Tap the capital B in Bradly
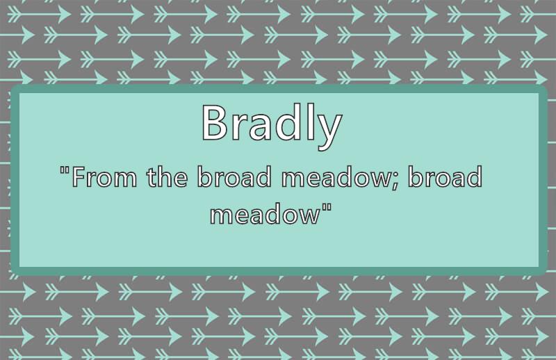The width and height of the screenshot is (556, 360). (x=214, y=122)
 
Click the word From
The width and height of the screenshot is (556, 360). (x=104, y=177)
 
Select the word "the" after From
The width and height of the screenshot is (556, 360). (x=167, y=177)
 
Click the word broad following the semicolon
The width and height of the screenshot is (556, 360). (x=445, y=177)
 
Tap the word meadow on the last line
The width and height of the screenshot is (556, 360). (x=264, y=214)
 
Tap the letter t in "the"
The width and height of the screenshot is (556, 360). (x=152, y=177)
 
